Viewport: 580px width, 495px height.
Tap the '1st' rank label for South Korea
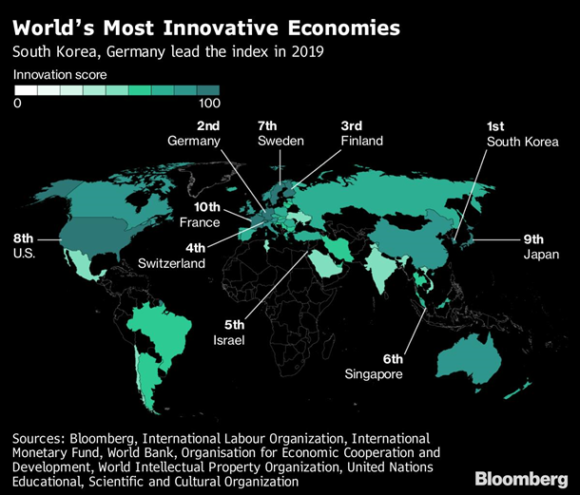(x=495, y=126)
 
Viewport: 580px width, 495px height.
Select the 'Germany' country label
(x=194, y=141)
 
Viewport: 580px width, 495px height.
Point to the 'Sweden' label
(x=280, y=141)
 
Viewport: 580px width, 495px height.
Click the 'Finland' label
(x=361, y=141)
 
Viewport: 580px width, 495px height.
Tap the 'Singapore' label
(x=374, y=374)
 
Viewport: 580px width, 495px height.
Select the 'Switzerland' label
(x=170, y=263)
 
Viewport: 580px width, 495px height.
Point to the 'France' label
(x=200, y=222)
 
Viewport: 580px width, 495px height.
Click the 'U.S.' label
(x=22, y=254)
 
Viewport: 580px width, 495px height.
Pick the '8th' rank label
(x=24, y=238)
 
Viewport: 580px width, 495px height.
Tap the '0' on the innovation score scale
(x=17, y=103)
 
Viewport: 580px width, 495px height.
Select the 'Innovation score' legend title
(x=60, y=73)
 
